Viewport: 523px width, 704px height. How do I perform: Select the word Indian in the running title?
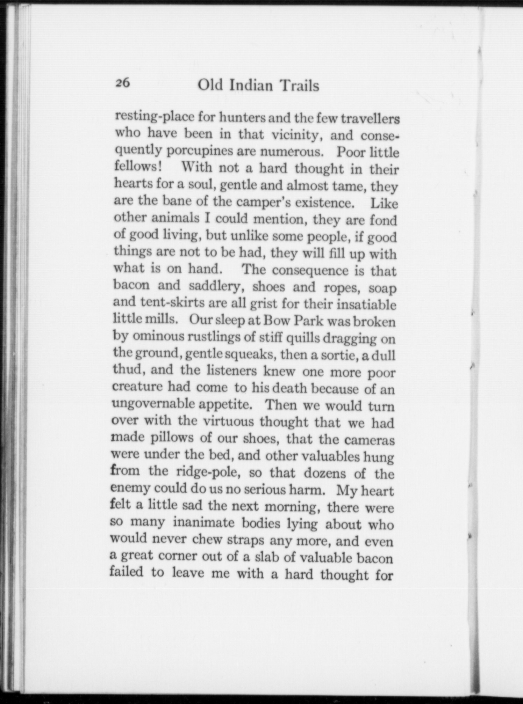tap(250, 86)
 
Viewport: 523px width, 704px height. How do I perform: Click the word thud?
tap(128, 370)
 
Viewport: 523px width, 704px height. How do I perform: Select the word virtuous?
tap(228, 421)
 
